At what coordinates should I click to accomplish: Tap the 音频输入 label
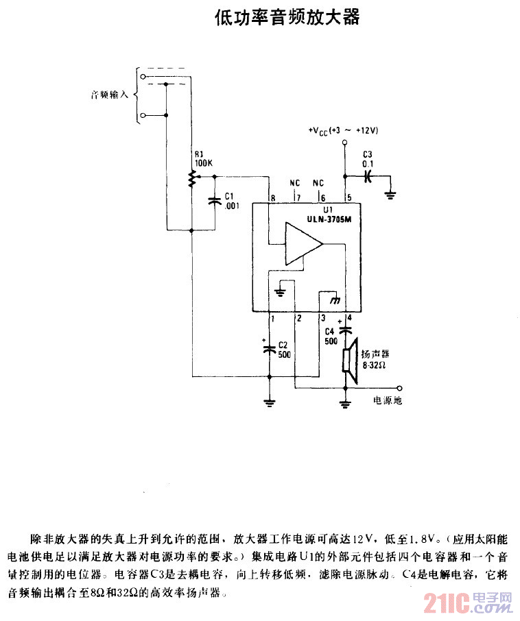[110, 95]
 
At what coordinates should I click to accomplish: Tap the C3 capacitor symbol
[368, 175]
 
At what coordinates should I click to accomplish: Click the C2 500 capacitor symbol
[270, 348]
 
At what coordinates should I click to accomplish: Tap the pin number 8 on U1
[273, 198]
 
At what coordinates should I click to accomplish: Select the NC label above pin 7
[294, 183]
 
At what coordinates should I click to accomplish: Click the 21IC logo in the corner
[467, 603]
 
